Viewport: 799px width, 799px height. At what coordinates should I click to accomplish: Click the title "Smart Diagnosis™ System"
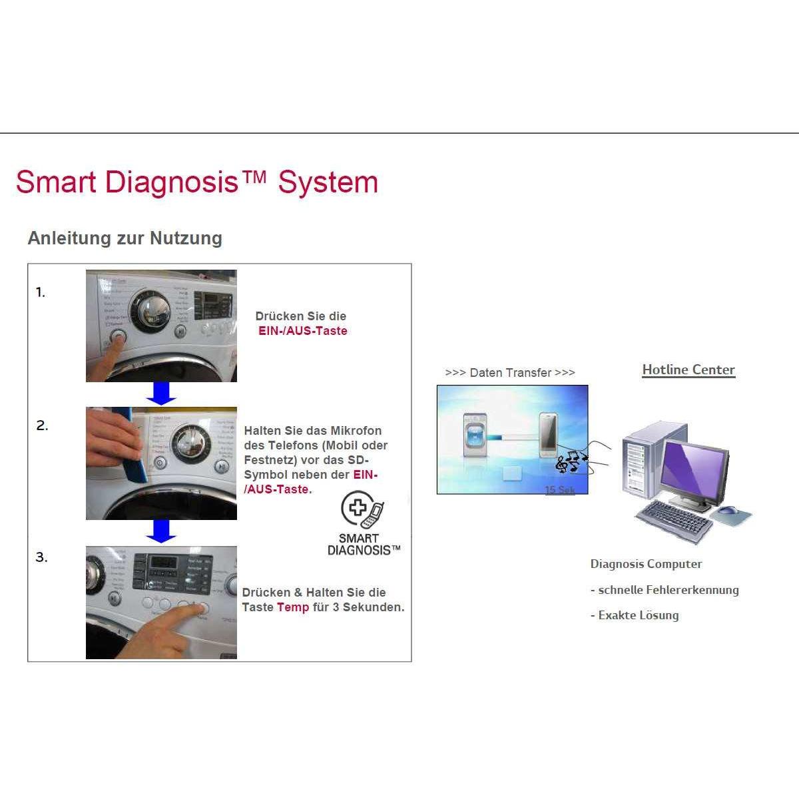(x=196, y=182)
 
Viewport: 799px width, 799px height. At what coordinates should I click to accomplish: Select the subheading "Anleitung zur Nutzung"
(x=125, y=238)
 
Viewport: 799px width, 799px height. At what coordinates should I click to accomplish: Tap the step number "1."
(x=41, y=292)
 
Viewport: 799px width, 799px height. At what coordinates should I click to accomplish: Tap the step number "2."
(x=42, y=425)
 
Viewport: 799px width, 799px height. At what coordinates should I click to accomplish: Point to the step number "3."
(x=41, y=557)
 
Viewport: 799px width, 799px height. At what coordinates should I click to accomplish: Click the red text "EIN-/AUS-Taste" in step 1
(x=303, y=331)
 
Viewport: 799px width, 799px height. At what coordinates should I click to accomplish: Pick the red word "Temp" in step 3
(x=293, y=607)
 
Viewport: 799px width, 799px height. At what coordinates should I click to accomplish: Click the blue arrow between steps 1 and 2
(x=161, y=394)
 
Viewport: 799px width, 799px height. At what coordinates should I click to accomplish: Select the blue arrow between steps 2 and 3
(x=161, y=531)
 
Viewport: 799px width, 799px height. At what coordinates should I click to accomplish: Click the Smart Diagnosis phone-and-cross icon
(x=362, y=510)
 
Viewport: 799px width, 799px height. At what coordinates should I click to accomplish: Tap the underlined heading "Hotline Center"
(x=688, y=370)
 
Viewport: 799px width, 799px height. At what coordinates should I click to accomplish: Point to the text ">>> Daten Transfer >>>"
(x=510, y=373)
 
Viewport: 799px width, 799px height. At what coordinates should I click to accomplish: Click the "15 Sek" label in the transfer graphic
(x=559, y=490)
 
